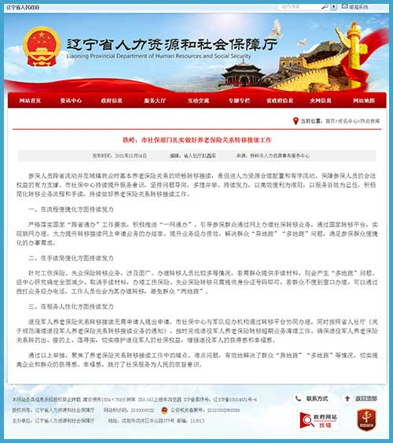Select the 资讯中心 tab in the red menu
click(x=72, y=101)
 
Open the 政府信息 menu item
click(x=112, y=101)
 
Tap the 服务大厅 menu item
click(x=155, y=101)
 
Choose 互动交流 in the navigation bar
click(x=197, y=101)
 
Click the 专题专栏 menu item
click(x=239, y=101)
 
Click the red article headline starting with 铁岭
click(x=196, y=138)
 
